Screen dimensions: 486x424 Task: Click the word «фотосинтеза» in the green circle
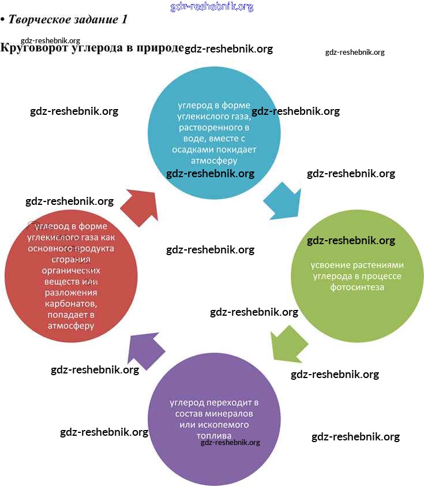pos(357,287)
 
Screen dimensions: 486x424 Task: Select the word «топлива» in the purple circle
pos(213,435)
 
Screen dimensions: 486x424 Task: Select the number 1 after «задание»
pos(123,19)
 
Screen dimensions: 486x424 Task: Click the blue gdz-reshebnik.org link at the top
pos(212,7)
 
